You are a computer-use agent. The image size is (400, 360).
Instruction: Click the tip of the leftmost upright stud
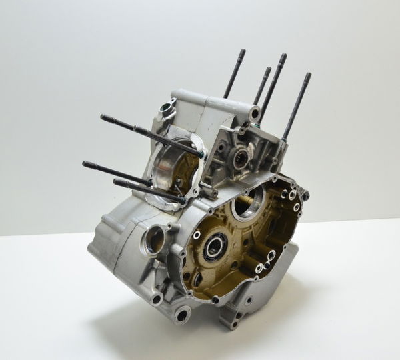pos(243,51)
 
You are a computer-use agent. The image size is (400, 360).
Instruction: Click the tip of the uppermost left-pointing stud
pos(103,117)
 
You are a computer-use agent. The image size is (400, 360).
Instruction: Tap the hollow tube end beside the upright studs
pos(255,114)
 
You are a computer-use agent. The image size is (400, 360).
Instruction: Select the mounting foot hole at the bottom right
pos(234,324)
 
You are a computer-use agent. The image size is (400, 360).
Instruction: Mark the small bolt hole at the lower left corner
pos(157,298)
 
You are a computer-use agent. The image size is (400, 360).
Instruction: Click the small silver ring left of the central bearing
pos(197,235)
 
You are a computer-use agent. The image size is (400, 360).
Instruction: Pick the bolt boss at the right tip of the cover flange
pos(305,195)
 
